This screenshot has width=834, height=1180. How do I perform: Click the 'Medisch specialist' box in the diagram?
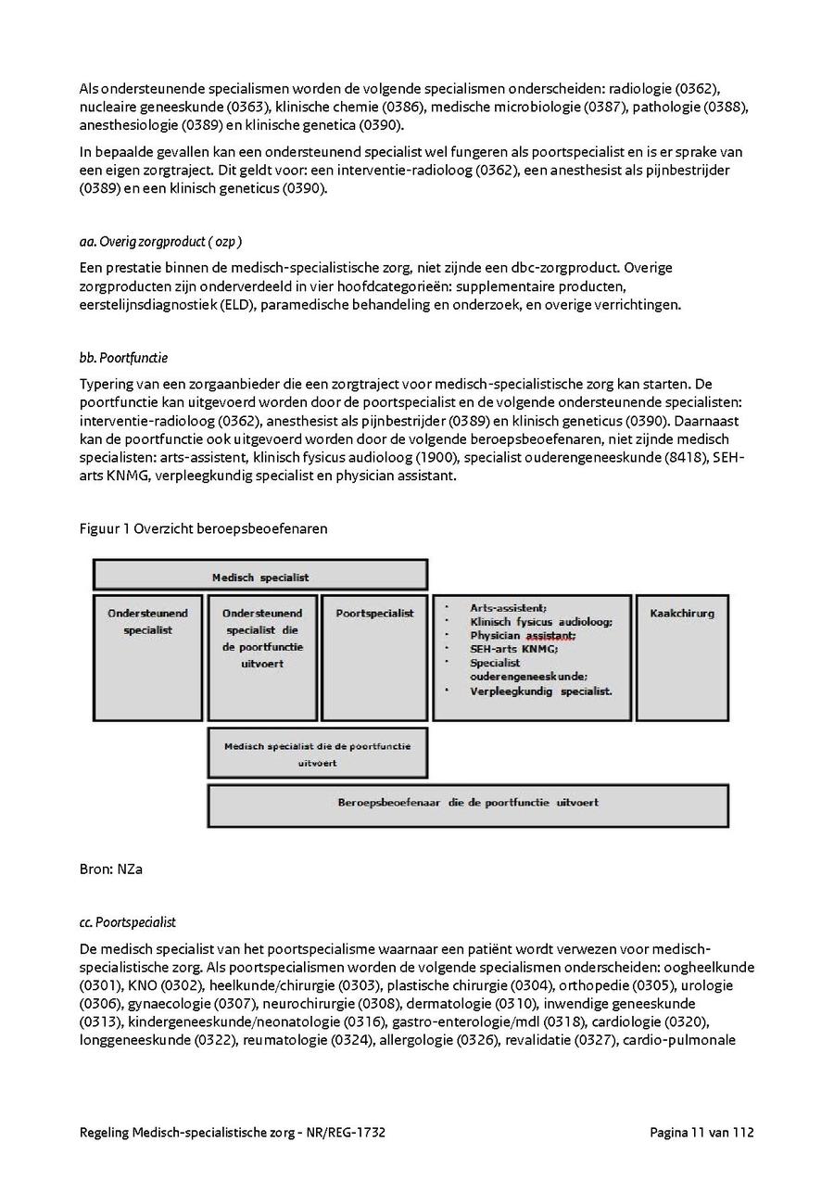point(260,577)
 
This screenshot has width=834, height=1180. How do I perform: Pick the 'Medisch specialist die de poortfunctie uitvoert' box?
point(317,754)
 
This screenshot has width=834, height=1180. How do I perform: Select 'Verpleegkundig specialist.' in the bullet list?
point(540,691)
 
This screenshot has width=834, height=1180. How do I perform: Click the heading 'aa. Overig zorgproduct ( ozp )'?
point(161,242)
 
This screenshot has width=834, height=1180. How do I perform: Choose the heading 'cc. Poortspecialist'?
point(128,922)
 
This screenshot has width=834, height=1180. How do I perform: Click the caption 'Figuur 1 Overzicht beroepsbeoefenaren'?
point(203,528)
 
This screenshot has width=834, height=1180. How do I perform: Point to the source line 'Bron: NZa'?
point(111,869)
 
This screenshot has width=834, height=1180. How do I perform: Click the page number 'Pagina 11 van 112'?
point(701,1133)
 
